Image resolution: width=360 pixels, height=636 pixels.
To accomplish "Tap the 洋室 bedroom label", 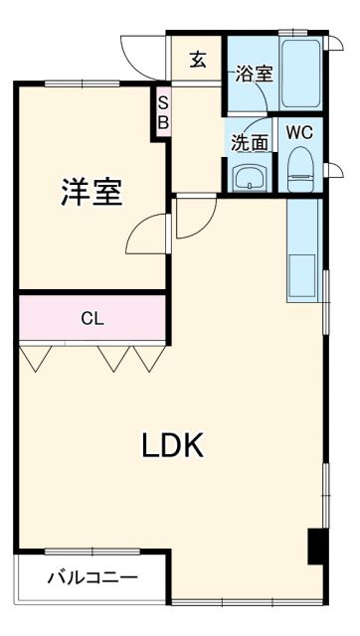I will (x=91, y=192).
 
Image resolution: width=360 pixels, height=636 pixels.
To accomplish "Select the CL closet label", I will (x=92, y=319).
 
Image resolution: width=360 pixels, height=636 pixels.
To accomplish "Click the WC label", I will (x=299, y=131).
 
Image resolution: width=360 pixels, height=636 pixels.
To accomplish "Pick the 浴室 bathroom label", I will (x=254, y=74).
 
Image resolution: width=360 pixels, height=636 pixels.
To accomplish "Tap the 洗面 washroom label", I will (x=250, y=142).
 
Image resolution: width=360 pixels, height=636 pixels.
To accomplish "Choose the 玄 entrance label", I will (x=198, y=60).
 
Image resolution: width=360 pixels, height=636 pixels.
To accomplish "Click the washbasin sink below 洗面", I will (x=249, y=178).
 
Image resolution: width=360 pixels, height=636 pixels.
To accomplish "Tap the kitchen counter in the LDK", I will (x=301, y=252).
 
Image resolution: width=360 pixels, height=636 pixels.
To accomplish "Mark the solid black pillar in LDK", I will (x=316, y=547).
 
